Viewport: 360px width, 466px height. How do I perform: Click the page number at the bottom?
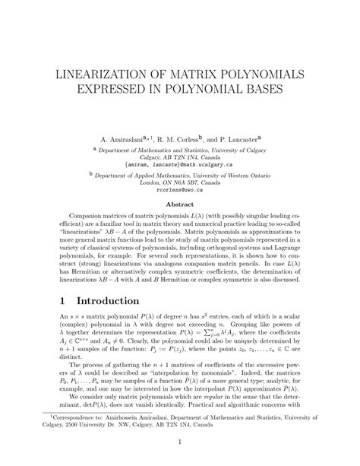(x=180, y=442)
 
